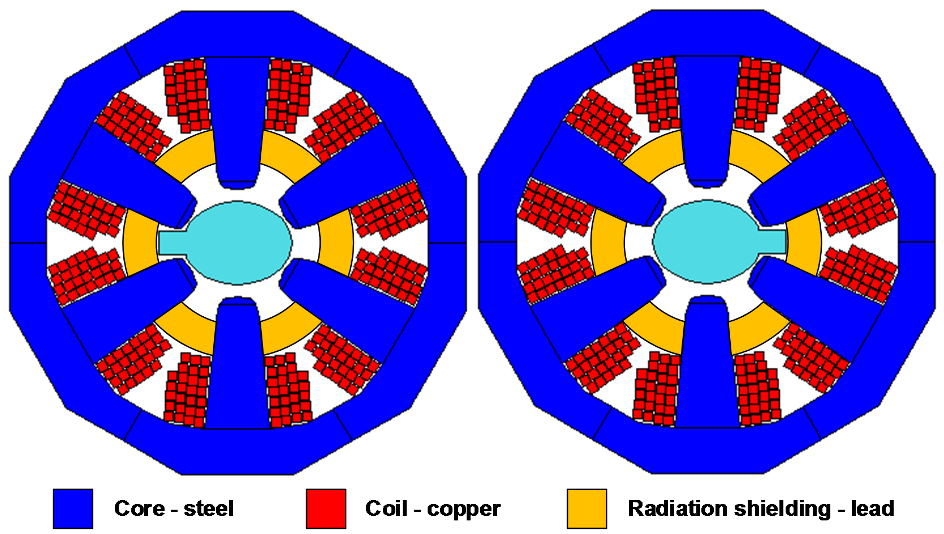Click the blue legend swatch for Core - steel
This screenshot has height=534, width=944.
[x=73, y=509]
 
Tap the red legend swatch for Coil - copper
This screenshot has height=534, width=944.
[x=326, y=509]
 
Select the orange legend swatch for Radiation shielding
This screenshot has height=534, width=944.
[x=587, y=509]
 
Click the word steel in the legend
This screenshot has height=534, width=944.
[x=209, y=509]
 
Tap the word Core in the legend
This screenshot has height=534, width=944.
[x=139, y=509]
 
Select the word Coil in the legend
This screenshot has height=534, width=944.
[x=386, y=509]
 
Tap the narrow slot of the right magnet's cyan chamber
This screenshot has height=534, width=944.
[x=771, y=242]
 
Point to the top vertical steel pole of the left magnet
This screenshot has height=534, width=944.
[x=238, y=119]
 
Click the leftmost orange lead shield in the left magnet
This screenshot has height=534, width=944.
[x=140, y=242]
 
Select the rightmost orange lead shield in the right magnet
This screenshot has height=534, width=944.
[x=804, y=242]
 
